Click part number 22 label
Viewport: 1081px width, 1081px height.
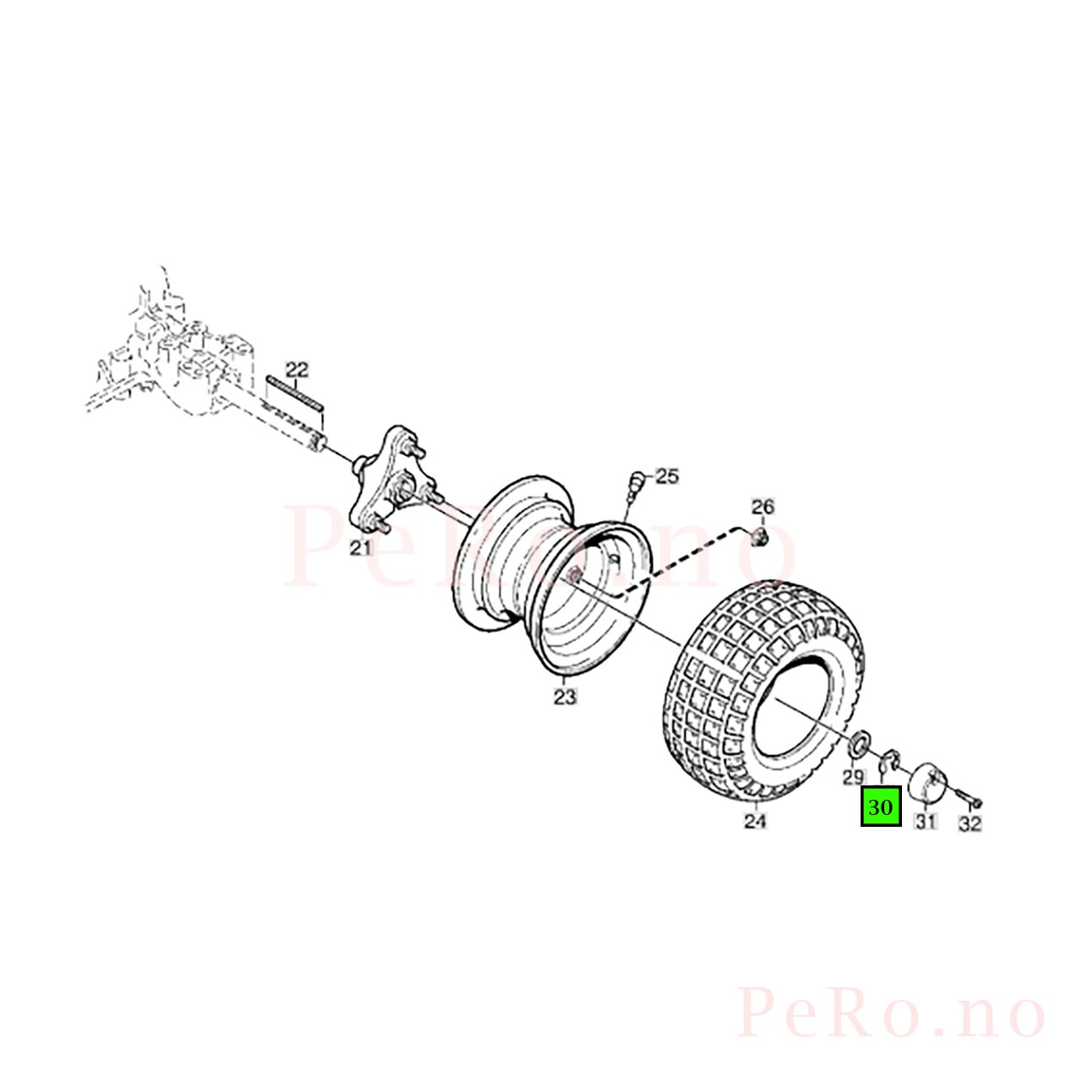coord(296,370)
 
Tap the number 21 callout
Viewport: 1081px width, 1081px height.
coord(360,547)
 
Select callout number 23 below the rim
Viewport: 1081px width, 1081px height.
coord(565,698)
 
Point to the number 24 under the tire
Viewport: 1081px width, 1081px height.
coord(754,821)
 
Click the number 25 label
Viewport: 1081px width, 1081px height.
coord(667,477)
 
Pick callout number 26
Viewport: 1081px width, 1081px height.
coord(763,507)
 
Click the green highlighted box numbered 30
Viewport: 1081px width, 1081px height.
coord(881,807)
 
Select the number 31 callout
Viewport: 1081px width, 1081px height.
coord(926,823)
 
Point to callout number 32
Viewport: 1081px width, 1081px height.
coord(970,823)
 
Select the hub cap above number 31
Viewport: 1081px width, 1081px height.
coord(928,781)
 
